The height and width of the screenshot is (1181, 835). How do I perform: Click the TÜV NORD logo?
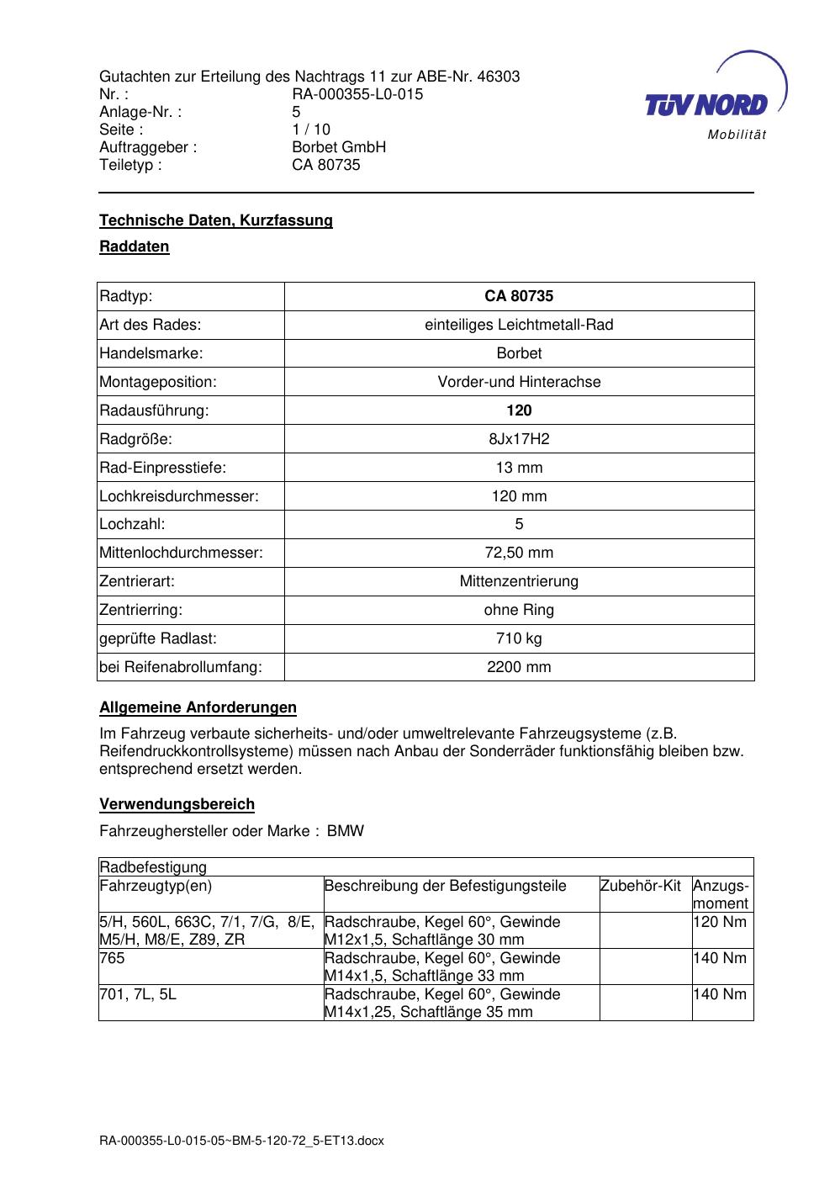click(715, 99)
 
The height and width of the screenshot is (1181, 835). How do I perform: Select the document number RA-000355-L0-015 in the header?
click(357, 94)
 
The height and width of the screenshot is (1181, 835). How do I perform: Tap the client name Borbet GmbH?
click(339, 147)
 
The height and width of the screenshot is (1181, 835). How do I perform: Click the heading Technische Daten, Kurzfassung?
click(216, 220)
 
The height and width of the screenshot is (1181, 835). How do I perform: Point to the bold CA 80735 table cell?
click(519, 296)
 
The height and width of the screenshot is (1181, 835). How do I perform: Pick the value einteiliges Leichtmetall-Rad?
click(519, 325)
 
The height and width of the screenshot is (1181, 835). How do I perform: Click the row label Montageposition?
click(158, 382)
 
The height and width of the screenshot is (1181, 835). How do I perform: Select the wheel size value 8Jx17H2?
click(519, 439)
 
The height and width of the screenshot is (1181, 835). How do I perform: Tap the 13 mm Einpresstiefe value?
click(519, 468)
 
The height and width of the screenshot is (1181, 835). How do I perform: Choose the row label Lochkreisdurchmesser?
click(179, 496)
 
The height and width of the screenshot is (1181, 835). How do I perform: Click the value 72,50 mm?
click(519, 553)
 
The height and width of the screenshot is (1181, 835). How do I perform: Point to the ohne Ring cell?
click(519, 610)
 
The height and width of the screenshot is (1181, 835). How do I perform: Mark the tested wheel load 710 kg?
click(519, 638)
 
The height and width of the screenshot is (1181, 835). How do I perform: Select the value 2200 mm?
click(519, 667)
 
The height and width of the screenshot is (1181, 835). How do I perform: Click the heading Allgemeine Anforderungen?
click(198, 707)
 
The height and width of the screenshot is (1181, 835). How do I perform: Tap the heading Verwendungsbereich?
click(177, 804)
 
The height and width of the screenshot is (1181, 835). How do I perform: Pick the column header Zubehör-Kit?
click(641, 886)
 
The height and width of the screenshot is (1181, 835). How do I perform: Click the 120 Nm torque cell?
click(721, 922)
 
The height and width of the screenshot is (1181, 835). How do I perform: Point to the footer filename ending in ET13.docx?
click(241, 1141)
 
